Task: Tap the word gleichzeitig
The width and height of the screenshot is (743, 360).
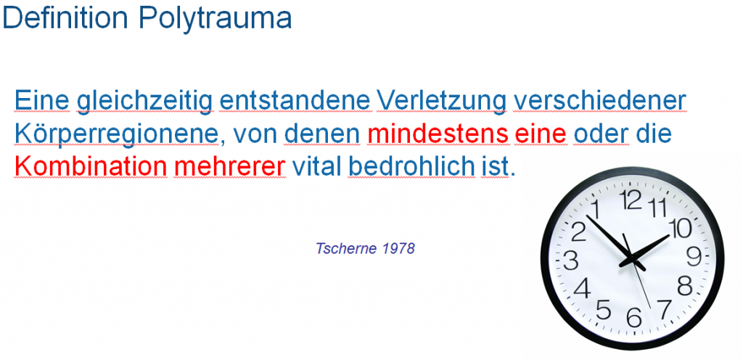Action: [x=145, y=102]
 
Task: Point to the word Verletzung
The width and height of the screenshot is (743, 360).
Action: [x=442, y=102]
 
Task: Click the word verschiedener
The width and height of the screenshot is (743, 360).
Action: [x=600, y=100]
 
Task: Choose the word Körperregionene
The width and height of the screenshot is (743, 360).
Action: [x=116, y=134]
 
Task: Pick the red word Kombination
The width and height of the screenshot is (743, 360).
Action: [x=91, y=166]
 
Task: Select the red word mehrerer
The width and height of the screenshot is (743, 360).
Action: [x=230, y=166]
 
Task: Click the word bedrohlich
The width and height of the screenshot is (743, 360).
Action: [x=411, y=166]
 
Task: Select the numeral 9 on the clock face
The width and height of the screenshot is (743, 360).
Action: [x=694, y=257]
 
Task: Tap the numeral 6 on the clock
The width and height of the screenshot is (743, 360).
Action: [x=633, y=317]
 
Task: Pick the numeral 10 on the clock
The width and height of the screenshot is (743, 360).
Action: [x=680, y=229]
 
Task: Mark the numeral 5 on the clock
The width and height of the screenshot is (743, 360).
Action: [x=603, y=309]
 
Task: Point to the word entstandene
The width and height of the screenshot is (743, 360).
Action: [x=295, y=100]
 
